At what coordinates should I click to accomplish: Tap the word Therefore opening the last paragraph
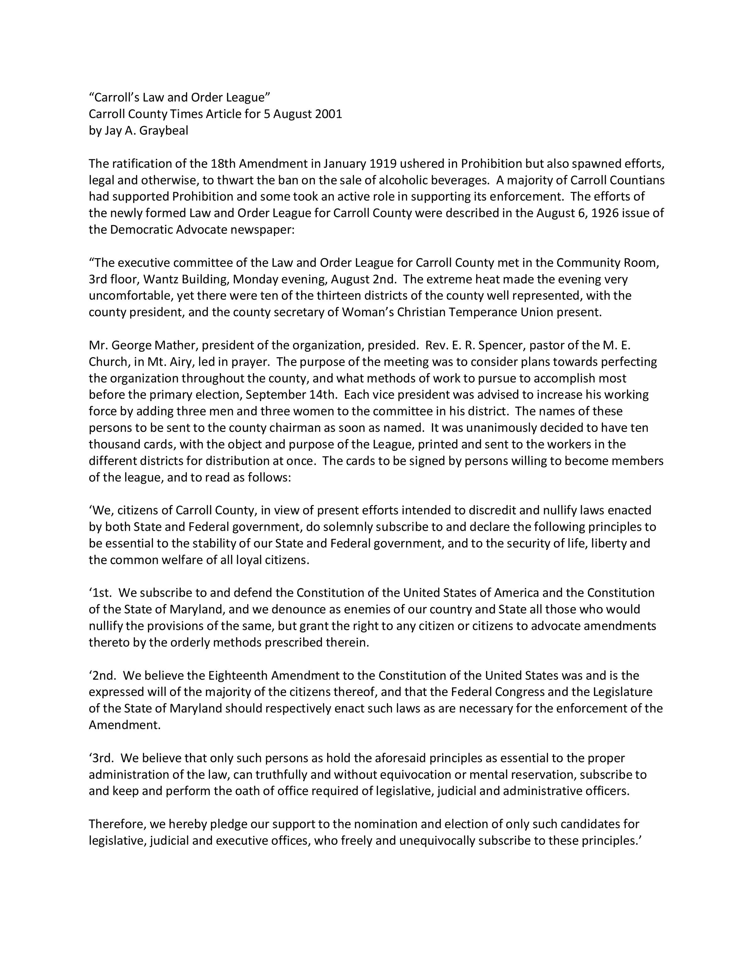tap(117, 824)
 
